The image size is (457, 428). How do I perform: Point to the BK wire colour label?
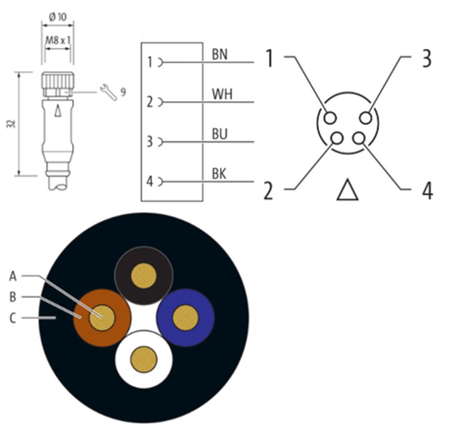point(219,174)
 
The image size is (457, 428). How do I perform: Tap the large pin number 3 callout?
point(426,59)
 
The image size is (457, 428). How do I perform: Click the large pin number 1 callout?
point(269,59)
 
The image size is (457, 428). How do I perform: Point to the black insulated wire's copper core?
point(143,276)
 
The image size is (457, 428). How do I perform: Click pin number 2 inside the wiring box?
point(150,102)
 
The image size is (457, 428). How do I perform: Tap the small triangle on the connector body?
point(57,111)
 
